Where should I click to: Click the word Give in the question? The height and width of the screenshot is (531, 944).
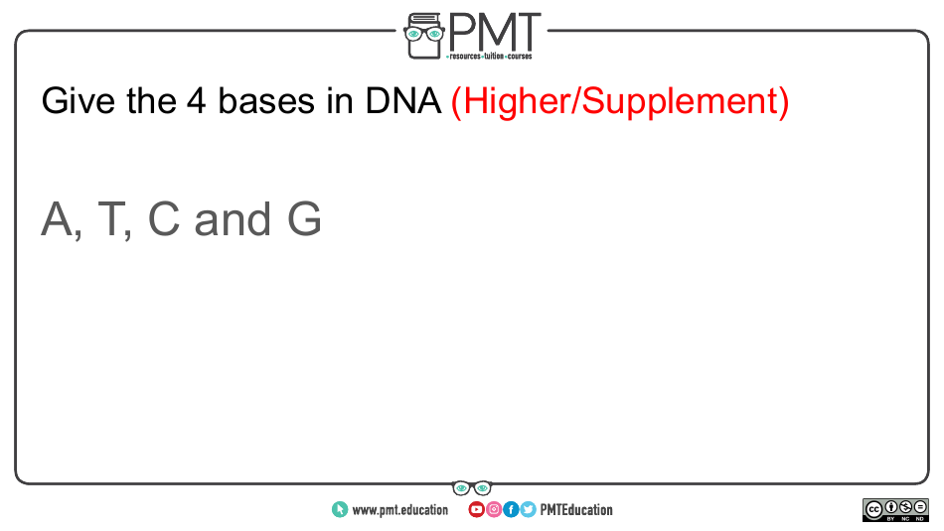pos(78,101)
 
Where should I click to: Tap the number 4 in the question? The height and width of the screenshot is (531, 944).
pos(197,100)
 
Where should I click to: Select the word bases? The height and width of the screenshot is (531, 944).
pos(266,100)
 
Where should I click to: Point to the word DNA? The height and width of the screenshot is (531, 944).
pos(402,100)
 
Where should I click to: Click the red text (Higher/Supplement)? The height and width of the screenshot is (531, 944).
pos(619,101)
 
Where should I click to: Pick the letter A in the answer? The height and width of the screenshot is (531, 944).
pos(59,219)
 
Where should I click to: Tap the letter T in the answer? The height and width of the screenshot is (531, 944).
pos(112,219)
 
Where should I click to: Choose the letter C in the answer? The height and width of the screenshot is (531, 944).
pos(164,219)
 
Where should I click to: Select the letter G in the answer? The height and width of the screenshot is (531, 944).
pos(304,219)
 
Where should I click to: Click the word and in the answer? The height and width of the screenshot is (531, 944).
pos(233,219)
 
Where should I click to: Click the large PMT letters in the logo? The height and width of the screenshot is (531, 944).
pos(494,33)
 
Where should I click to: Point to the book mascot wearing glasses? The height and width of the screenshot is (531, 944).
pos(424,36)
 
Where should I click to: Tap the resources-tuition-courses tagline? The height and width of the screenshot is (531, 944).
pos(490,57)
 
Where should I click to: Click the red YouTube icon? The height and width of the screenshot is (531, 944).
pos(476,510)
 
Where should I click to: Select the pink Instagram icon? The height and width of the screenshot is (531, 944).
pos(494,510)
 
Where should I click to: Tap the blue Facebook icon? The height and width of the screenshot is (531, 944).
pos(511,510)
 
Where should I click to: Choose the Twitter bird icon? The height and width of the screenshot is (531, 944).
pos(528,510)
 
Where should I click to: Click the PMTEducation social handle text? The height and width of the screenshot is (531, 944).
pos(576,510)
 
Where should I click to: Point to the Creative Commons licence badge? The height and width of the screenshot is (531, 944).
pos(895,510)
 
